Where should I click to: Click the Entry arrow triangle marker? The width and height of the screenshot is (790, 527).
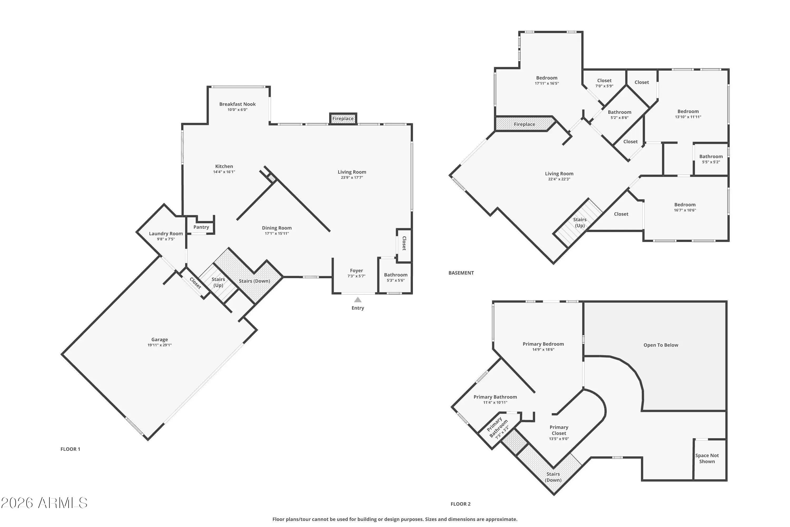[x=358, y=299]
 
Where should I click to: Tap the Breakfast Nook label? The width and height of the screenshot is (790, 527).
[x=238, y=104]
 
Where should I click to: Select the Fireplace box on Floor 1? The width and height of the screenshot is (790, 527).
[x=343, y=118]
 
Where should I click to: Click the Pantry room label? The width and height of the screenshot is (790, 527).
[x=201, y=227]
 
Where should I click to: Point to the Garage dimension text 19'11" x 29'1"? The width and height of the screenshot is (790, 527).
[x=160, y=345]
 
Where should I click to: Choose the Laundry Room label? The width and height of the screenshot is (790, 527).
[x=166, y=233]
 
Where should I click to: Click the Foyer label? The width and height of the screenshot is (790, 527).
[x=356, y=271]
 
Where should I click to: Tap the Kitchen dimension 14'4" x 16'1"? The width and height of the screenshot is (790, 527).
[x=224, y=172]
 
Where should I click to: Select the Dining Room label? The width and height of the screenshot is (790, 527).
[x=277, y=228]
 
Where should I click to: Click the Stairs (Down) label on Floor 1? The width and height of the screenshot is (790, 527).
[x=254, y=281]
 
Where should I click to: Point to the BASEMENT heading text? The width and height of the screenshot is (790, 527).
[x=461, y=273]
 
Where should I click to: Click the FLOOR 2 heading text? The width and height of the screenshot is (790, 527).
[x=461, y=504]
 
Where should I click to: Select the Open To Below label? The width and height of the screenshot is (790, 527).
[x=661, y=345]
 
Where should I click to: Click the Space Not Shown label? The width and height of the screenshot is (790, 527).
[x=707, y=458]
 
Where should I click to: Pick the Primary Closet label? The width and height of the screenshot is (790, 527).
[x=559, y=430]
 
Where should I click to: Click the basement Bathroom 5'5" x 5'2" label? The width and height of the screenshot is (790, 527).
[x=711, y=159]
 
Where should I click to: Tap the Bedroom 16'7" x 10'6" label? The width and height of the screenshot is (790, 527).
[x=685, y=207]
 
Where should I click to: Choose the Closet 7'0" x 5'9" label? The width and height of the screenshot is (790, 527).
[x=604, y=83]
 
